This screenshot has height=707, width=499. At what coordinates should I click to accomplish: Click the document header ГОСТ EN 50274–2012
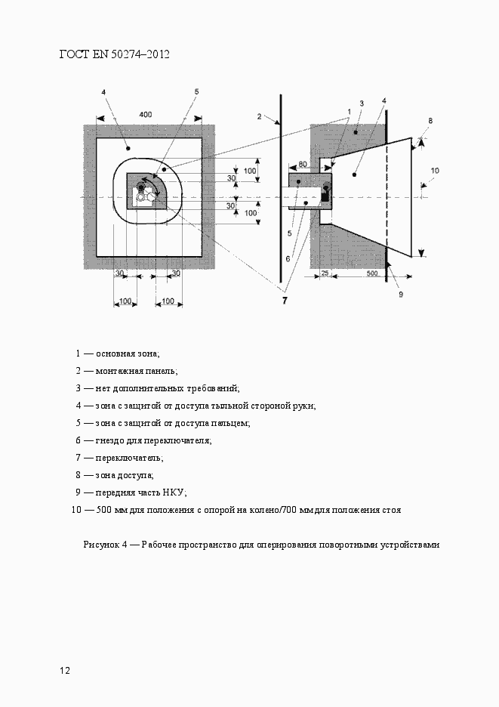114,54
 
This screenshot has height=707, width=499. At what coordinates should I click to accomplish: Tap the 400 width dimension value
146,114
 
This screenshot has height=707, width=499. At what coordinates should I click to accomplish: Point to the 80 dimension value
302,163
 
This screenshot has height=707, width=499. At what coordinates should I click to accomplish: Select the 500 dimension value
372,273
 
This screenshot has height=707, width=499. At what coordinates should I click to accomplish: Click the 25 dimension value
325,273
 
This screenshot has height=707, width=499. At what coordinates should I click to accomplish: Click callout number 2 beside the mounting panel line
259,117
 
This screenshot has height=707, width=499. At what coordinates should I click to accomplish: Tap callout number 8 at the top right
430,121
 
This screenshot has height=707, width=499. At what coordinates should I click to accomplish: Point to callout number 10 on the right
434,171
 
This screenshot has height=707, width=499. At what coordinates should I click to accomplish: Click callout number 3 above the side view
362,103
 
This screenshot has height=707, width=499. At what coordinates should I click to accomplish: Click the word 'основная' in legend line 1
115,353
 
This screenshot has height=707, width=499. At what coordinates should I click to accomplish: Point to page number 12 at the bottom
65,670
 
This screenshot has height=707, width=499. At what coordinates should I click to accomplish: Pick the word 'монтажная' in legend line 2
118,371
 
